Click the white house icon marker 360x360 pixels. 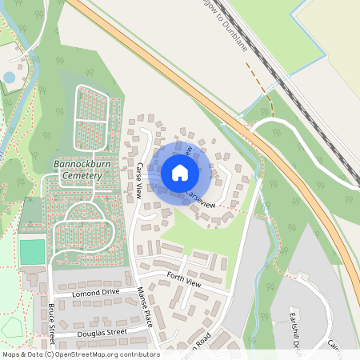pos(180,172)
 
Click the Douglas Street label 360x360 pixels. pos(102,332)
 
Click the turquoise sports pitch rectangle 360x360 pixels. pos(33,252)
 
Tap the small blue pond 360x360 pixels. pos(10,78)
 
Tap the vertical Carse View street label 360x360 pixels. pos(138,181)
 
